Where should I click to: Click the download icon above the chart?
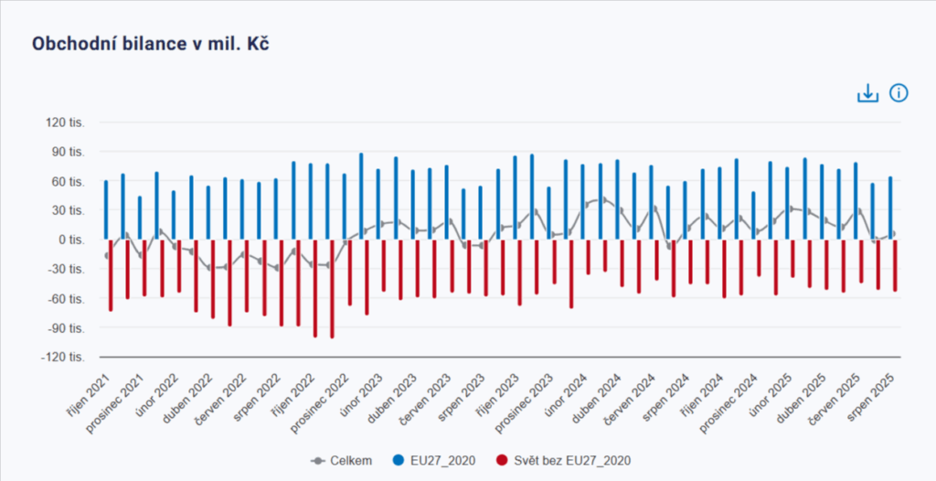pyautogui.click(x=867, y=93)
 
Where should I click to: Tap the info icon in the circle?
pyautogui.click(x=899, y=93)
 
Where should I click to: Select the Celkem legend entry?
pyautogui.click(x=343, y=460)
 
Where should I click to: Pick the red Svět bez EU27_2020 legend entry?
pyautogui.click(x=564, y=460)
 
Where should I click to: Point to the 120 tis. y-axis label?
pyautogui.click(x=67, y=123)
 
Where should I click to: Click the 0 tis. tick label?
pyautogui.click(x=73, y=240)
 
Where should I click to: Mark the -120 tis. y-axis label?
pyautogui.click(x=65, y=357)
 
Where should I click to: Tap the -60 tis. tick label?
pyautogui.click(x=69, y=298)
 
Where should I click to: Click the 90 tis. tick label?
pyautogui.click(x=69, y=152)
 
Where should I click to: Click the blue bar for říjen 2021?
pyautogui.click(x=106, y=210)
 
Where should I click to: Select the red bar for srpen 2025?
pyautogui.click(x=895, y=265)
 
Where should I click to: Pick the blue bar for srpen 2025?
pyautogui.click(x=889, y=208)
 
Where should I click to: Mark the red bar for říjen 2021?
pyautogui.click(x=111, y=274)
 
